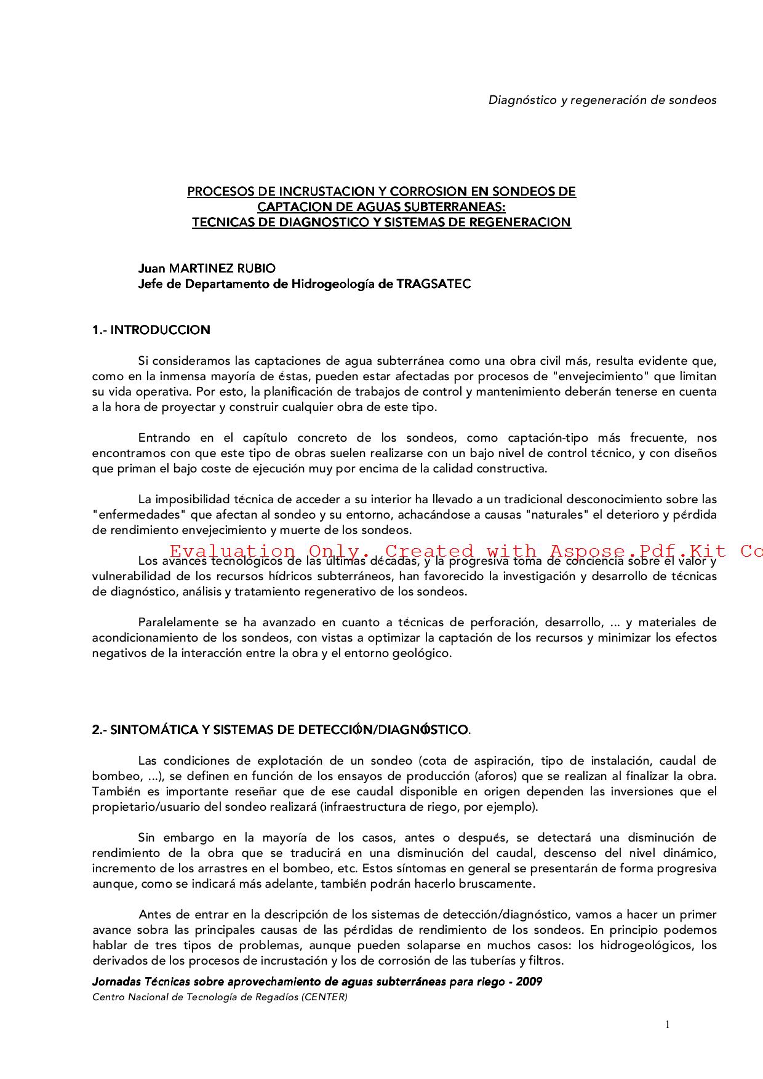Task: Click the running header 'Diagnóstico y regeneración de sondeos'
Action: point(602,100)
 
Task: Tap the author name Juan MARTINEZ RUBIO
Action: point(207,268)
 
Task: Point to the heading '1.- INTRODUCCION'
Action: point(151,330)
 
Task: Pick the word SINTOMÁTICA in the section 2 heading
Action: point(154,730)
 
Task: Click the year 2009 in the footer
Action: point(529,981)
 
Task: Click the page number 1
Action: point(668,1024)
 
